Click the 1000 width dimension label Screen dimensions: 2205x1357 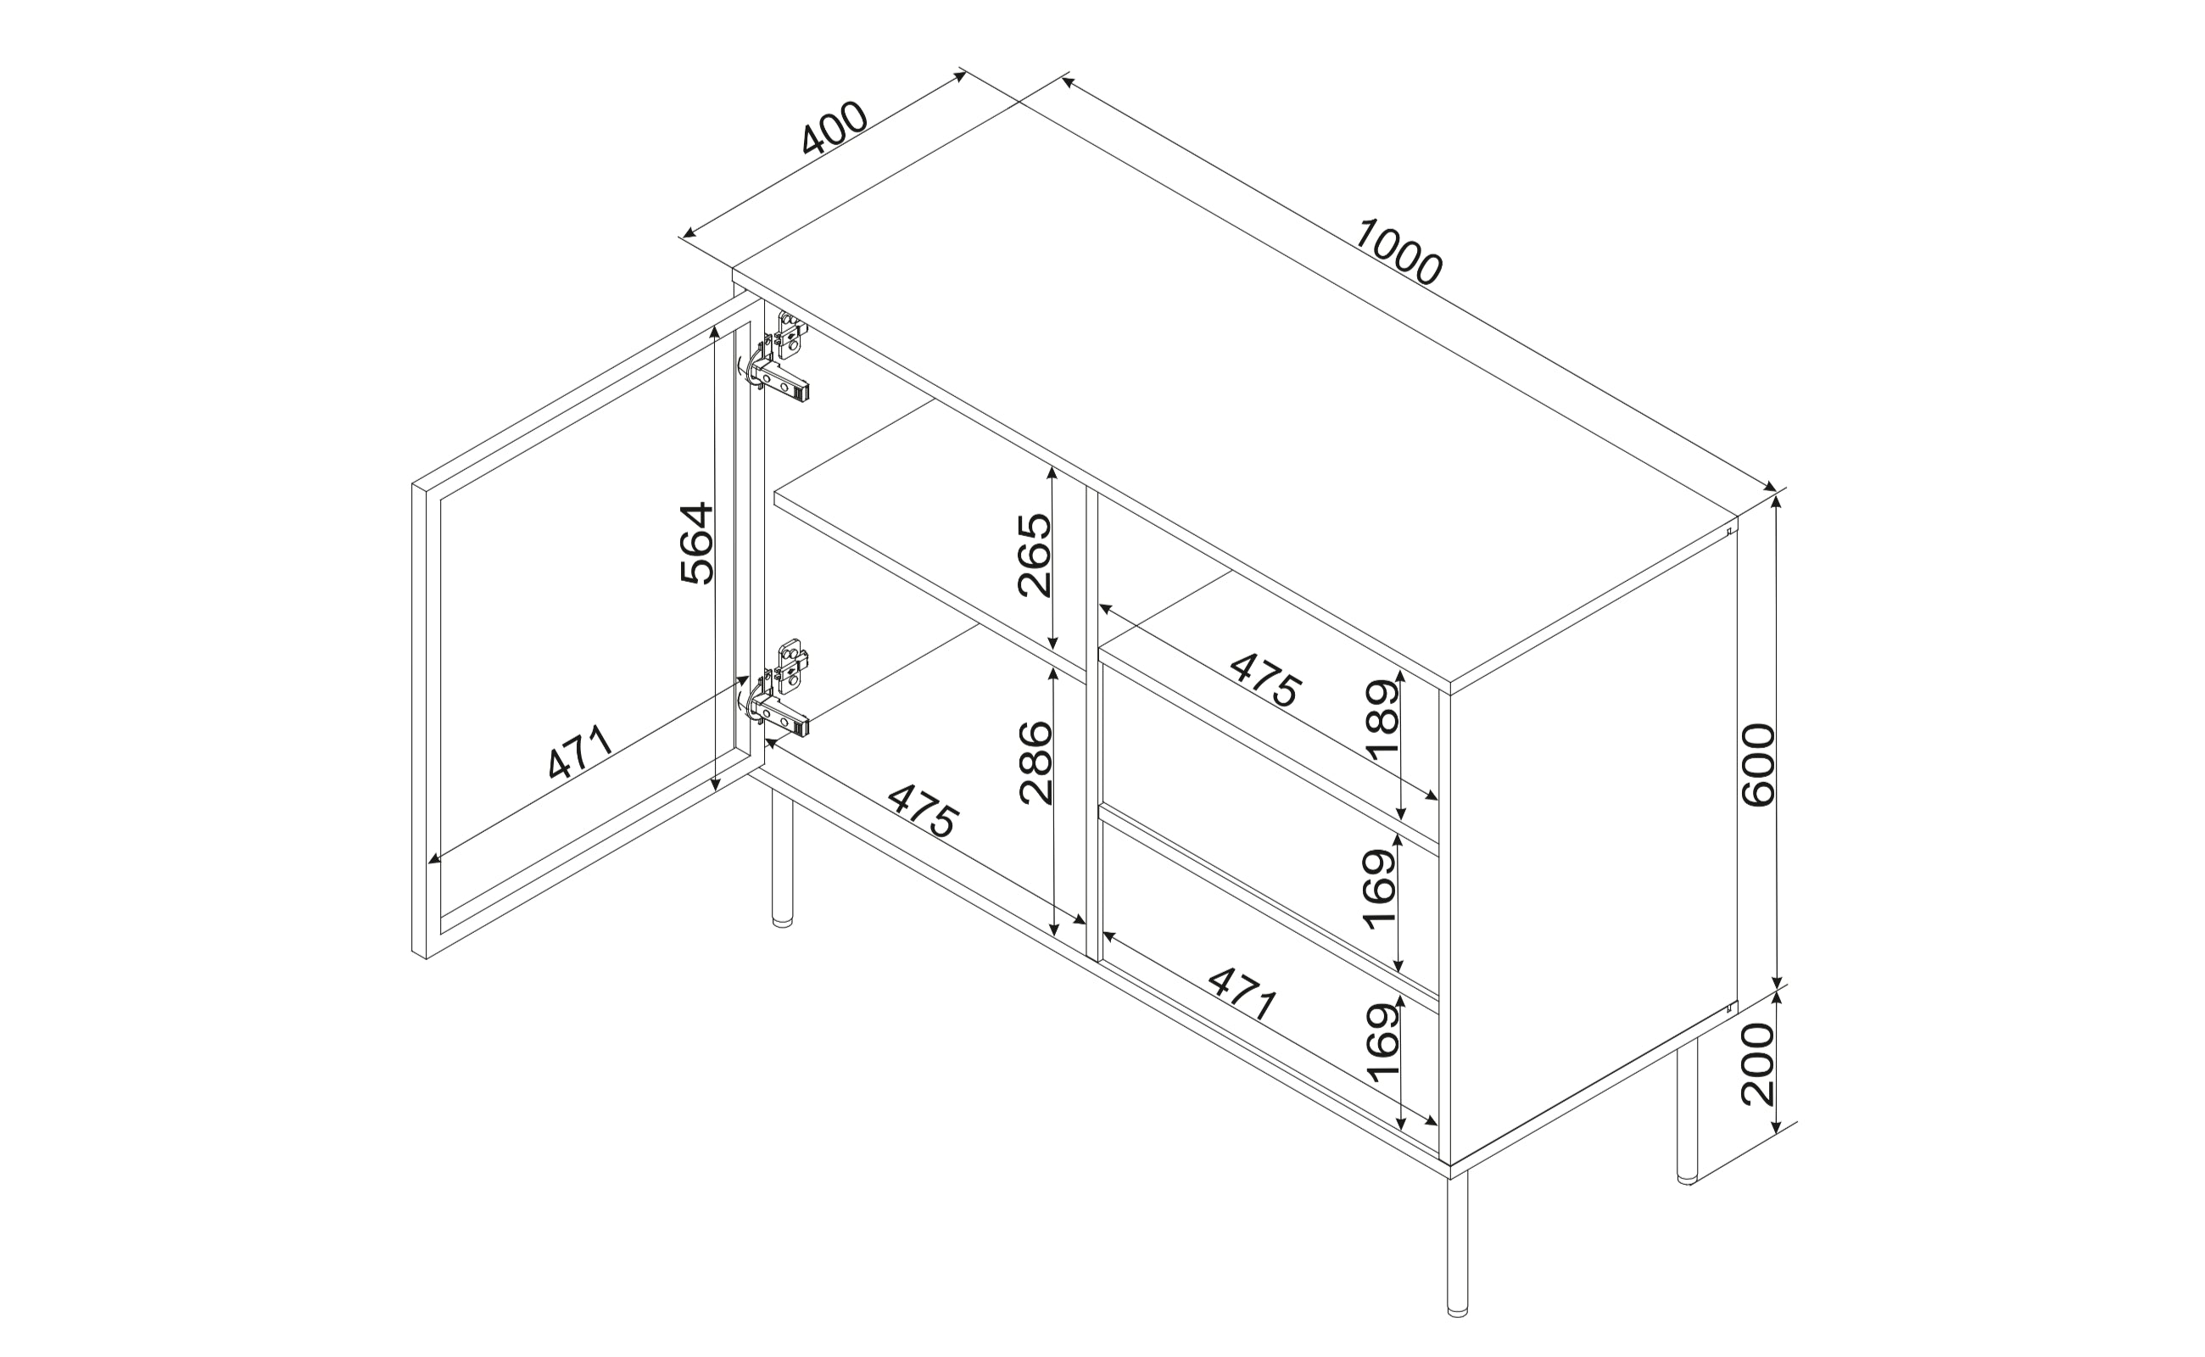point(1398,252)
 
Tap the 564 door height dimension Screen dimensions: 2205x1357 point(696,543)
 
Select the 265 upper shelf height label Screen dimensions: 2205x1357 point(1034,555)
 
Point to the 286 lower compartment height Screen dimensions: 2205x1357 point(1035,762)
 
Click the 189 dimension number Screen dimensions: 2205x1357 point(1382,720)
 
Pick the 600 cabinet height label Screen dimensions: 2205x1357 point(1757,765)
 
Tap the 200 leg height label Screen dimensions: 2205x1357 point(1757,1064)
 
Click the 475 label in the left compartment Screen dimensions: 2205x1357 point(924,811)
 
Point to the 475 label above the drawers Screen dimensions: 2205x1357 point(1265,679)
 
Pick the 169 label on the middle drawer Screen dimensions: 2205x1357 point(1379,890)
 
